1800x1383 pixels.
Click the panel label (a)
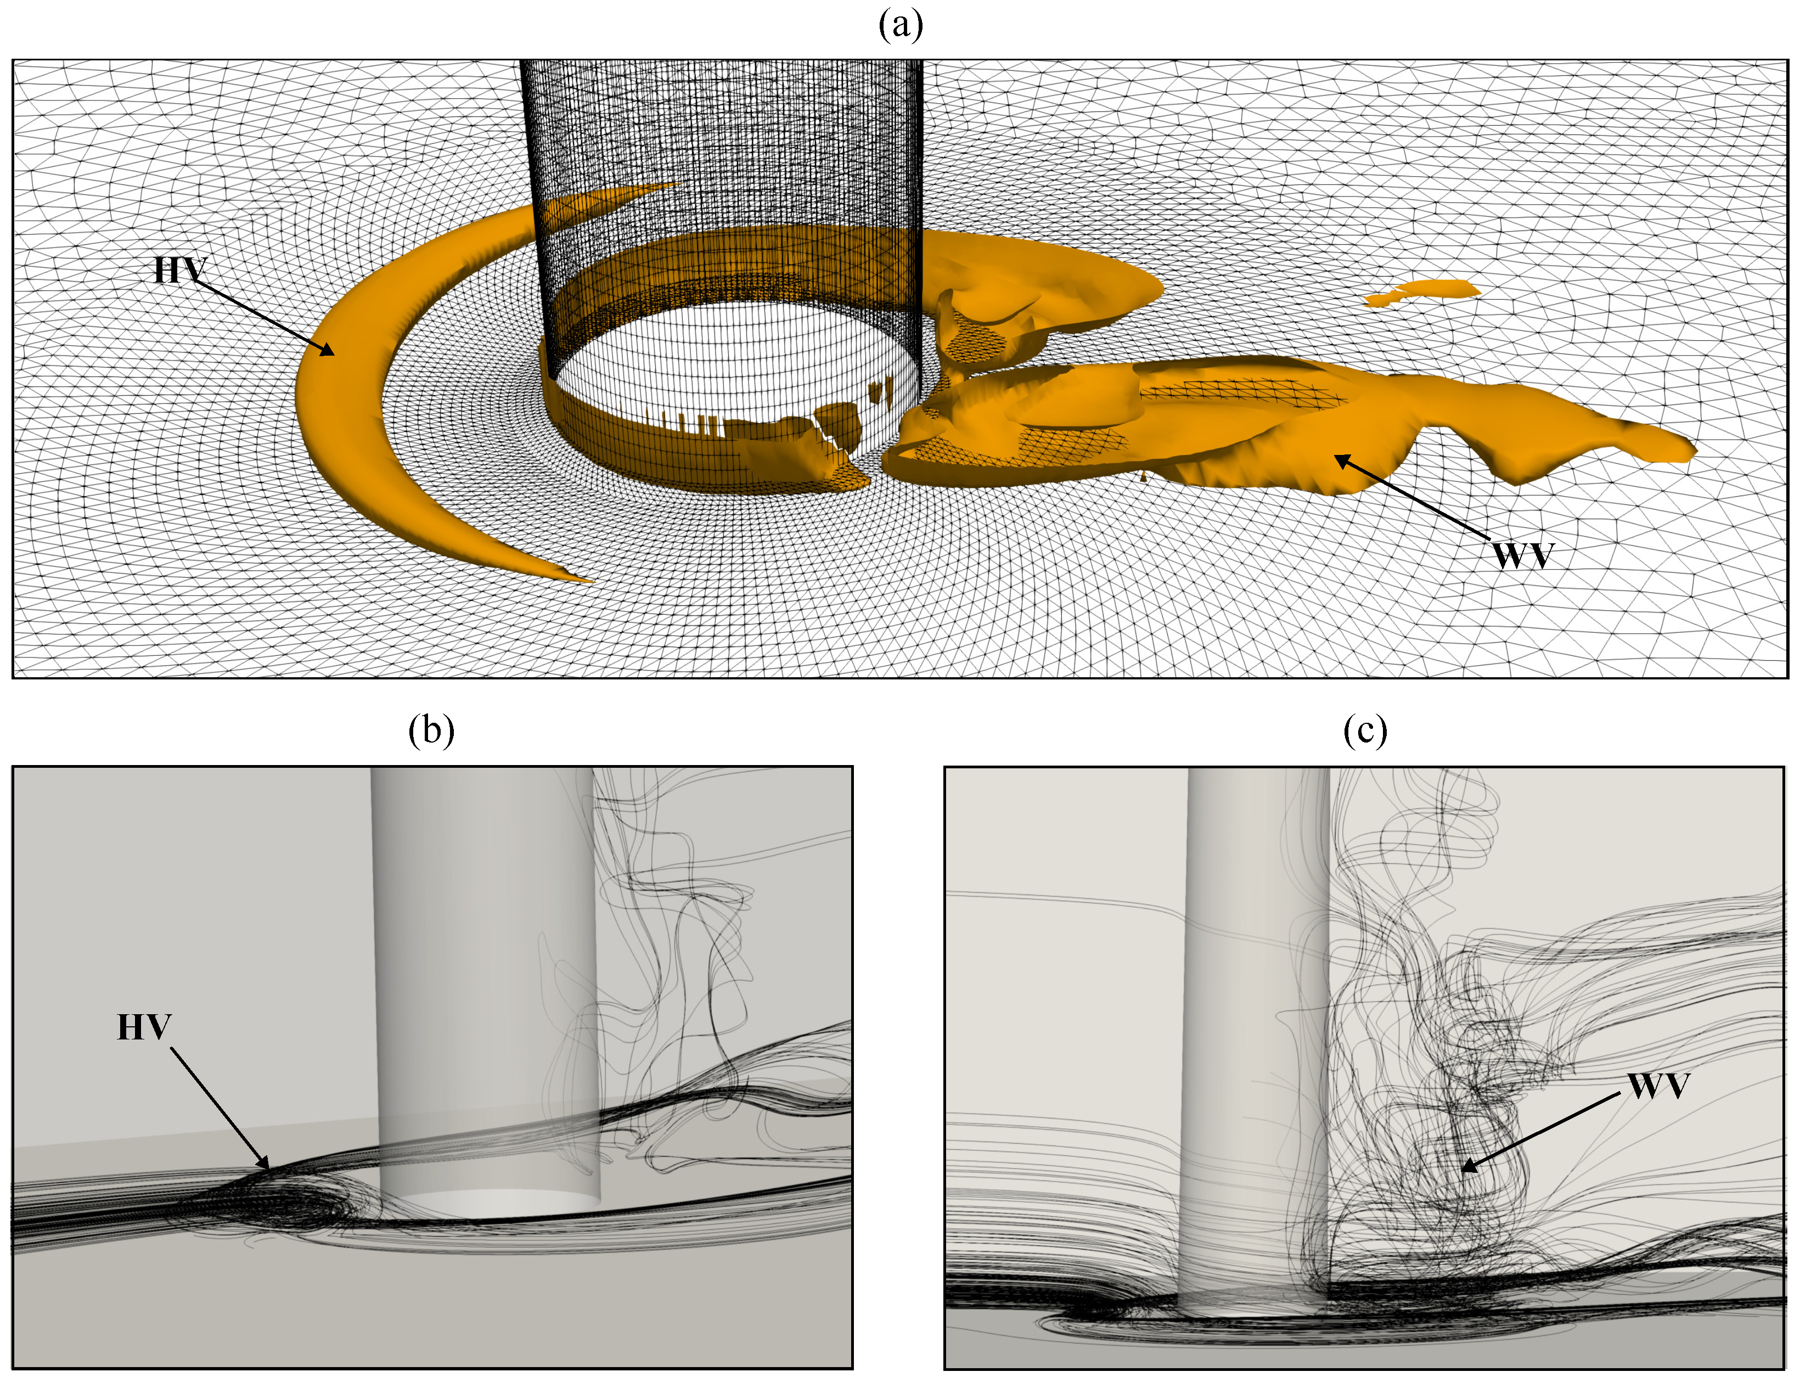coord(901,25)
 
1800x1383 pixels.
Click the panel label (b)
coord(431,729)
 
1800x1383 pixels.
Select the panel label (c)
coord(1365,729)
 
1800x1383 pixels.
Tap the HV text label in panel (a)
coord(180,270)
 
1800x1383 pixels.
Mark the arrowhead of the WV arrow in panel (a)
coord(1342,460)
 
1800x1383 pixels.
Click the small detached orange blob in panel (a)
coord(1422,292)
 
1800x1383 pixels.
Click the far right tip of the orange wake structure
coord(1694,449)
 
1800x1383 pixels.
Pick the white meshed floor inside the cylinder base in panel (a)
coord(733,362)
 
